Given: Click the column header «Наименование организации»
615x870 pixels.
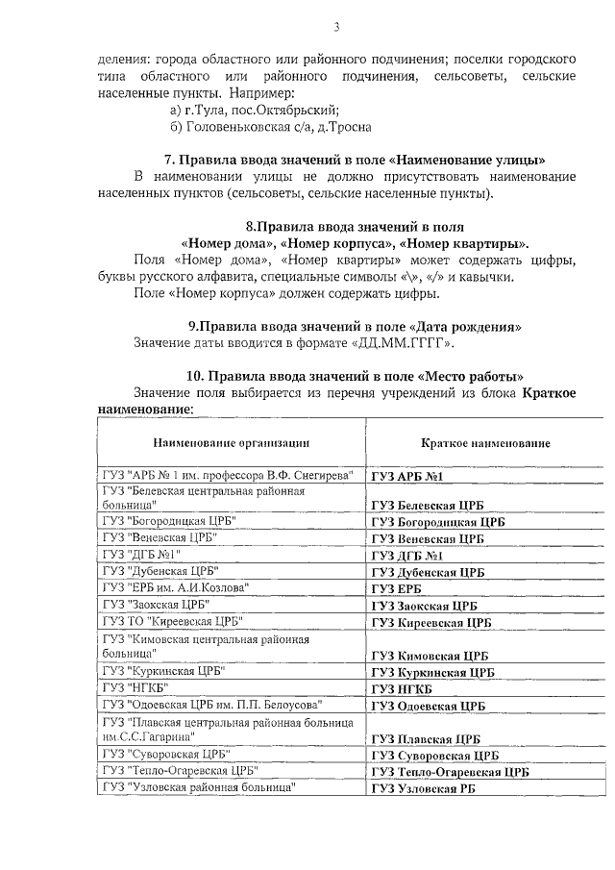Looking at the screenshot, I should [x=232, y=443].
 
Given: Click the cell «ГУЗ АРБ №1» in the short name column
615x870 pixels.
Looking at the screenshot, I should [x=412, y=476].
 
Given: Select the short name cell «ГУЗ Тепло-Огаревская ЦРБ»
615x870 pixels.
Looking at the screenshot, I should [x=450, y=772].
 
